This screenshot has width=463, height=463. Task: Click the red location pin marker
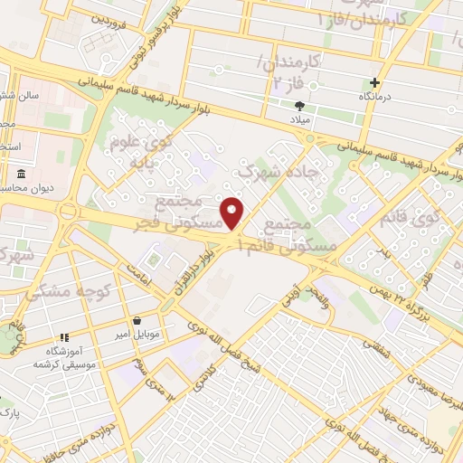click(233, 213)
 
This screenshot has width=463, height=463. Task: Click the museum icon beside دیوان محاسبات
click(20, 174)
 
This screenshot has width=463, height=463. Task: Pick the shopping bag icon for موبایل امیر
click(137, 320)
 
